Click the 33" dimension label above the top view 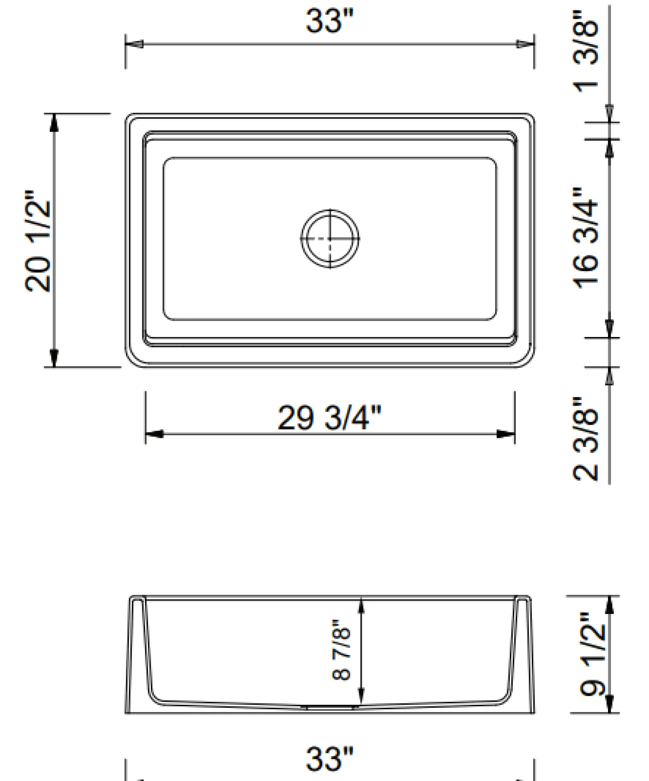(329, 20)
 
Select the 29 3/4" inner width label (329, 417)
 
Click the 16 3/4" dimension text (585, 238)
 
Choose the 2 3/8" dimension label (585, 439)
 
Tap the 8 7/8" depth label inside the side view (341, 650)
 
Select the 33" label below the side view (329, 759)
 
